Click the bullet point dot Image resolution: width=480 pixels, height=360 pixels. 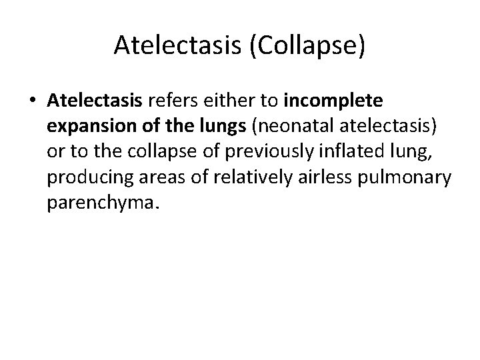[32, 102]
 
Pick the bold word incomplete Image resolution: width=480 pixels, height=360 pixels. [333, 101]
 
